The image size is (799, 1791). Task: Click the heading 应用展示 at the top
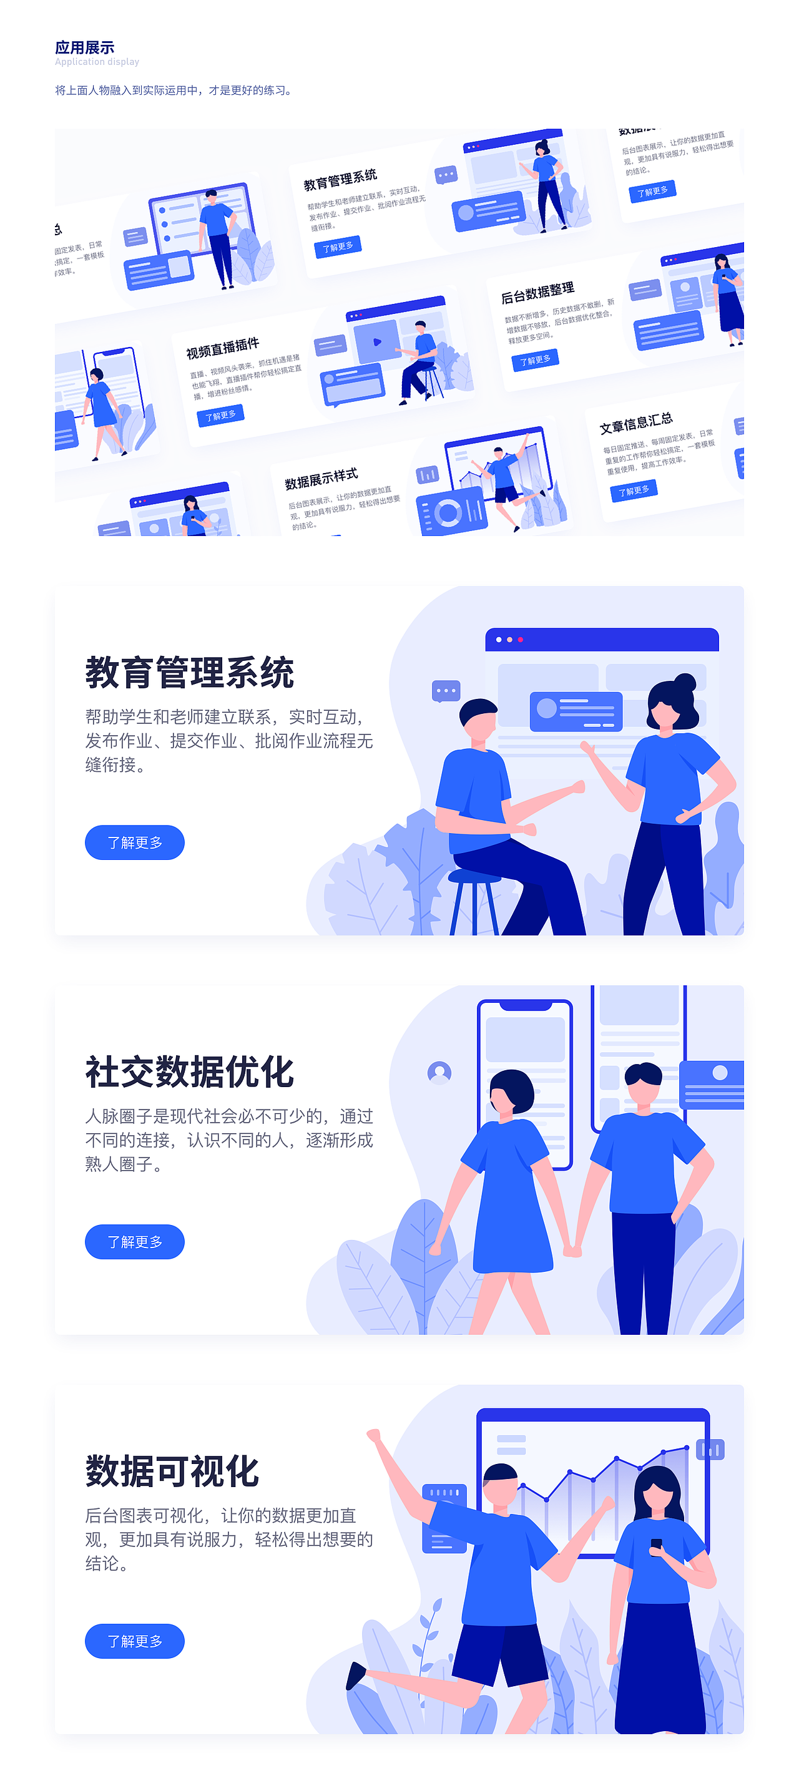click(84, 47)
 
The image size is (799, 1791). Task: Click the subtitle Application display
click(97, 62)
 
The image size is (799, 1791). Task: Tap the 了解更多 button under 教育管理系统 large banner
click(134, 842)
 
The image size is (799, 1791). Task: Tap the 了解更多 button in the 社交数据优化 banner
click(134, 1242)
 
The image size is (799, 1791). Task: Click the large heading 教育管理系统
click(189, 673)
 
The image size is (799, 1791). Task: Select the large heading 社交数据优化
click(189, 1072)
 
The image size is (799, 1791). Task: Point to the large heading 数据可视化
click(172, 1471)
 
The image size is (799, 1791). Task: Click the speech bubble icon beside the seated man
click(446, 691)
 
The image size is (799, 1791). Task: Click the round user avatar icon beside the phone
click(439, 1073)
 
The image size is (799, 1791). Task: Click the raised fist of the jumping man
click(374, 1435)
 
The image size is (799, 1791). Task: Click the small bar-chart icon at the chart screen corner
click(710, 1450)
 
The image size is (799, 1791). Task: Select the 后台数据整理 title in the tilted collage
click(537, 293)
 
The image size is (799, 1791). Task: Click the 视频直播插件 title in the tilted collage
click(222, 348)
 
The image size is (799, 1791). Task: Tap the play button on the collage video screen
click(377, 341)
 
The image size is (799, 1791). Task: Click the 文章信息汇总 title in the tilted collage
click(635, 422)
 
